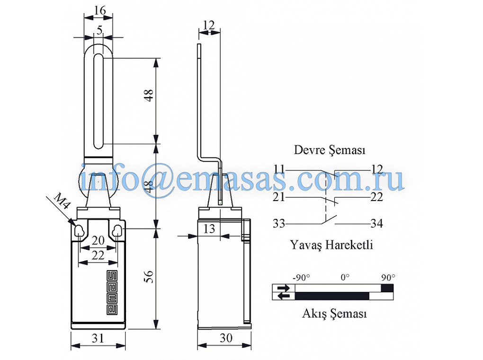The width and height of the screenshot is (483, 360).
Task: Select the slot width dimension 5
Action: (x=99, y=30)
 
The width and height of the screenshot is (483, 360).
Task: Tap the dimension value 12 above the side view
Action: (x=209, y=25)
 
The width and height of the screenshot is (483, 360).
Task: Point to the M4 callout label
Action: (x=62, y=202)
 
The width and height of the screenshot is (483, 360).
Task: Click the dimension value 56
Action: (x=149, y=277)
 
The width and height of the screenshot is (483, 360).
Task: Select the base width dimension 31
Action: (x=98, y=338)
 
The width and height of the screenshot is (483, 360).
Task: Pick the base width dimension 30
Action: (x=226, y=338)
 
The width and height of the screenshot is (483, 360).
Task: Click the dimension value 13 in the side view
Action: (x=209, y=228)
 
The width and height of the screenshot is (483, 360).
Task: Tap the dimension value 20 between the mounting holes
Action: (x=98, y=240)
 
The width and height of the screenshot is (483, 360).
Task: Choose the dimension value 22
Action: (x=98, y=255)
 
